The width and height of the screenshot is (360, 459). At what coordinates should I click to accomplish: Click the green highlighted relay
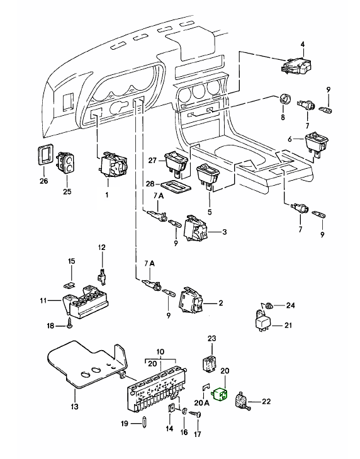[x=222, y=394]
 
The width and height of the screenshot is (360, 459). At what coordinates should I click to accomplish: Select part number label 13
[x=75, y=406]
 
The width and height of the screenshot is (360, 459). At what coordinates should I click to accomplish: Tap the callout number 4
[x=303, y=45]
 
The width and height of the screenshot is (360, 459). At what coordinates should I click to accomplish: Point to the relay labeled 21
[x=263, y=322]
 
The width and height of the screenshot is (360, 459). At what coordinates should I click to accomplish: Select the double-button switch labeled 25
[x=66, y=162]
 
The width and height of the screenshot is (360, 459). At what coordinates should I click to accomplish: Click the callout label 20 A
[x=202, y=403]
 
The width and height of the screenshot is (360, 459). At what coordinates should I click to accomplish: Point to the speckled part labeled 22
[x=242, y=400]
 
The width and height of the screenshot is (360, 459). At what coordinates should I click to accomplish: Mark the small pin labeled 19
[x=145, y=424]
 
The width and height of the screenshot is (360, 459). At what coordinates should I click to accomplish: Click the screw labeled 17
[x=197, y=414]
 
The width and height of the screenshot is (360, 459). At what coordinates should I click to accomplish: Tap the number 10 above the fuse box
[x=160, y=351]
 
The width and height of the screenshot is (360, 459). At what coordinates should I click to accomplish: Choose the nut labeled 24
[x=269, y=305]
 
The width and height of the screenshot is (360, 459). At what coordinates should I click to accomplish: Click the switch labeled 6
[x=317, y=144]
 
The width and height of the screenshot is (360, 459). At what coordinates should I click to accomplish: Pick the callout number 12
[x=101, y=247]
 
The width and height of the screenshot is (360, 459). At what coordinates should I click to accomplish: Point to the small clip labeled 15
[x=69, y=284]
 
